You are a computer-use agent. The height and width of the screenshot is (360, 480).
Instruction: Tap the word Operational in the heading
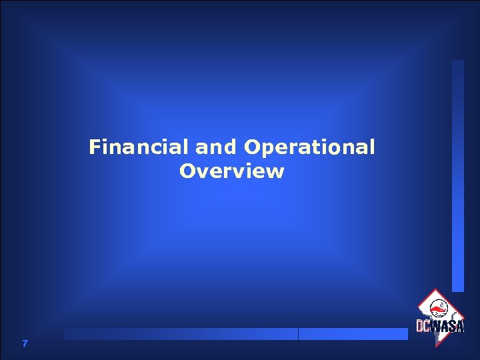coord(310,147)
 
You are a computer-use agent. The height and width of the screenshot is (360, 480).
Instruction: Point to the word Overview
coord(231,171)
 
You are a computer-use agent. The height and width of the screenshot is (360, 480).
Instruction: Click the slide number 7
coord(25,343)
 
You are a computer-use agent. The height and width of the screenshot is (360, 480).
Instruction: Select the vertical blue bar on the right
coord(457,176)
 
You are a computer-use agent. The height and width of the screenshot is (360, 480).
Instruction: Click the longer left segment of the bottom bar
coord(181,334)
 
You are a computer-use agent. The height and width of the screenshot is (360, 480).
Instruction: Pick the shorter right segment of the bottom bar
coord(353,334)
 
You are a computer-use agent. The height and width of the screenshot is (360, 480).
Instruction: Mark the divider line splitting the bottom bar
coord(298,334)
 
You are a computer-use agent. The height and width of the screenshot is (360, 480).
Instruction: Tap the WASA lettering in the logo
coord(447,326)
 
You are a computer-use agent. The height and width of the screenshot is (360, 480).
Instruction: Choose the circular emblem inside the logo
coord(439,309)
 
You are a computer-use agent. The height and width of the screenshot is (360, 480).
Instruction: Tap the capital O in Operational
coord(254,147)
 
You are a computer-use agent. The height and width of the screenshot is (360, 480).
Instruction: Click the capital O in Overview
coord(187,171)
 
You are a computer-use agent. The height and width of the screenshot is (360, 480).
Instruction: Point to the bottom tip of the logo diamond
coord(438,345)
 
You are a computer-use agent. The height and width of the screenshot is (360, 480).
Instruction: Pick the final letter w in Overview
coord(276,172)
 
